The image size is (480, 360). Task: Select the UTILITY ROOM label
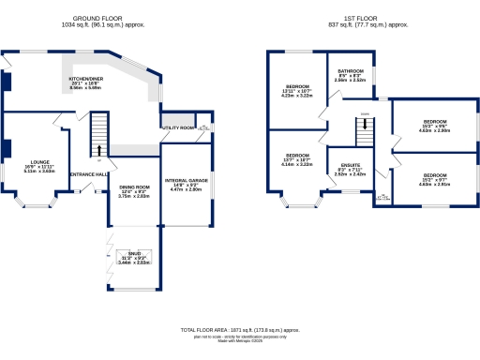[178, 127]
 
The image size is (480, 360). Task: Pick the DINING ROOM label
[134, 187]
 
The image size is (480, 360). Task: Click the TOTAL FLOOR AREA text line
[240, 330]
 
